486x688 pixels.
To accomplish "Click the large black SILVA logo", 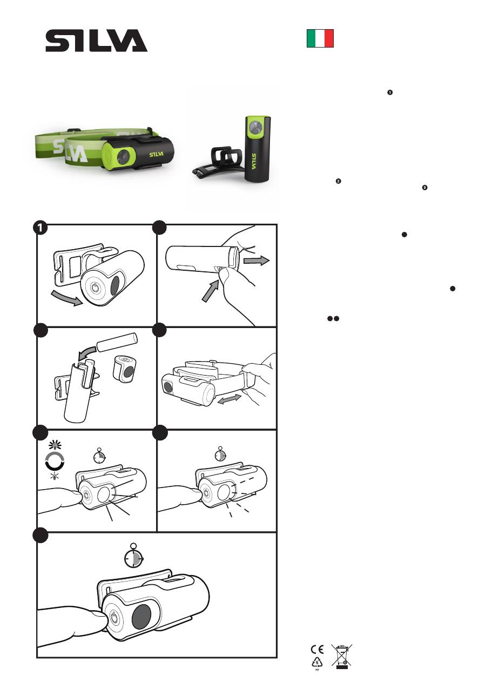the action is coord(96,41).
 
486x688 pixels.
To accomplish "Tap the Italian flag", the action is coord(320,38).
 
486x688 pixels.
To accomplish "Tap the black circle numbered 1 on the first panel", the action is coord(40,228).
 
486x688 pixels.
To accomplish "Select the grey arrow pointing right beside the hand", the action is coord(256,260).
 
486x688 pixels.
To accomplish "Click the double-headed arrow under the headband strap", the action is coord(229,399).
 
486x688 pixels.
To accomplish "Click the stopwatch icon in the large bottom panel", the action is coord(134,556).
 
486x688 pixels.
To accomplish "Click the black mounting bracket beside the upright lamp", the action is coord(219,162).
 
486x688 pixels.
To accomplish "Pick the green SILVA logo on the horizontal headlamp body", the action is coord(157,154).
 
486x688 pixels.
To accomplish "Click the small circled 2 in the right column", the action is coord(338,181).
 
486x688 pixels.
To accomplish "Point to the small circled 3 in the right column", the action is coord(424,188).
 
